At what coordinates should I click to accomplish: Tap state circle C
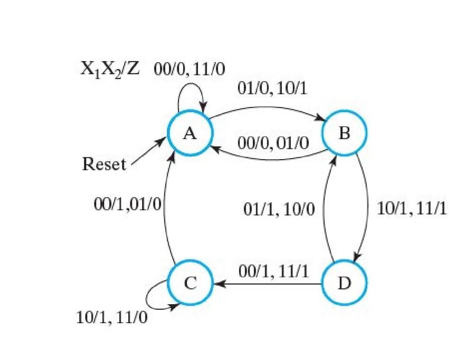click(189, 283)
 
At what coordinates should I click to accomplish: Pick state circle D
click(344, 283)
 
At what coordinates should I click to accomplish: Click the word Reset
click(104, 164)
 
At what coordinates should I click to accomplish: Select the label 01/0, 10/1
click(272, 89)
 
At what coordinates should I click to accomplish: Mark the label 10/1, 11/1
click(412, 208)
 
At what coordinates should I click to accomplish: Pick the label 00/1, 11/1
click(274, 271)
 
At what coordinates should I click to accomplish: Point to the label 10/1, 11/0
click(112, 317)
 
